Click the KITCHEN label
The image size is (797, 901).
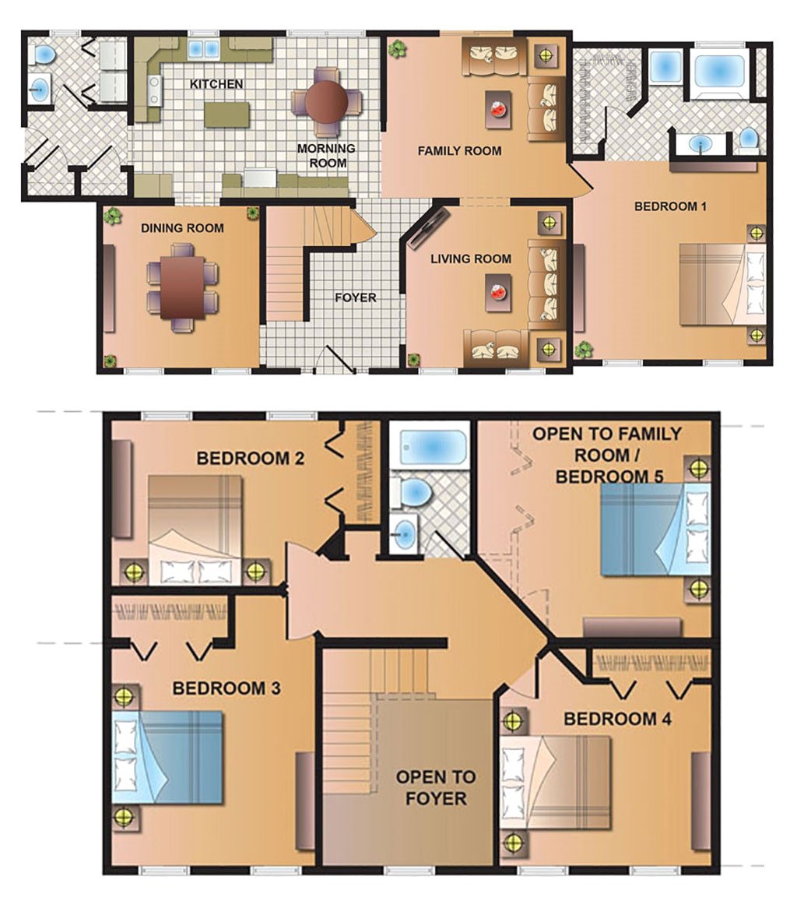(x=216, y=84)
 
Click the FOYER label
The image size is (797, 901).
(x=356, y=297)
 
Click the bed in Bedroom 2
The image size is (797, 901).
(x=195, y=529)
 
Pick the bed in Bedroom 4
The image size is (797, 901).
(x=555, y=782)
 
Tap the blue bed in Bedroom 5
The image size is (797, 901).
(x=655, y=529)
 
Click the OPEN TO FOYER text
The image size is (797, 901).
(x=436, y=787)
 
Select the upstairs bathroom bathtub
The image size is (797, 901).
(x=429, y=447)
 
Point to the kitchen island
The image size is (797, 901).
(x=226, y=114)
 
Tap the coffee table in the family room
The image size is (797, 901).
(x=498, y=110)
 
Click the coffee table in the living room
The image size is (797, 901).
(x=498, y=292)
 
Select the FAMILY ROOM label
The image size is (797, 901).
(x=459, y=151)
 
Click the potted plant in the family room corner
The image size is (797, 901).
(x=397, y=49)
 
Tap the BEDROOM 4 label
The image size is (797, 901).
(x=617, y=719)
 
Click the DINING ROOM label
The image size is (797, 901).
(x=182, y=228)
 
